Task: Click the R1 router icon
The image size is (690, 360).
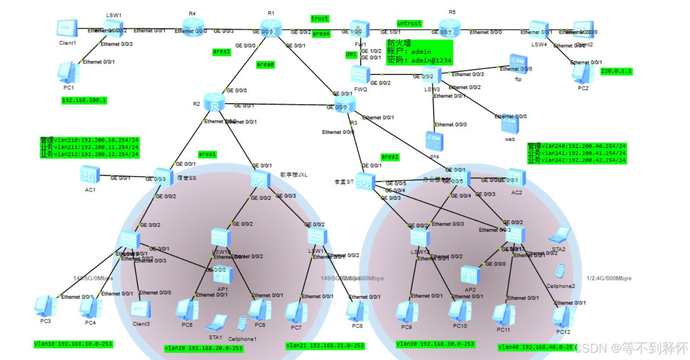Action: point(271,29)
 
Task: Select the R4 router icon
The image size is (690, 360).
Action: point(193,28)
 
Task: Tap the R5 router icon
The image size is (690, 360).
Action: point(450,28)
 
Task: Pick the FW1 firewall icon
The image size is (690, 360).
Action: point(360,29)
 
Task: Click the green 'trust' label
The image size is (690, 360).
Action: point(320,19)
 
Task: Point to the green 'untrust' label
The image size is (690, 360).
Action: point(409,23)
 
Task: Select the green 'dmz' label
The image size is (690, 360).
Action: point(351,54)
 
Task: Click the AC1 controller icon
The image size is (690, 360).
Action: point(90,175)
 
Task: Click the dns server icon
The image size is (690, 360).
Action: point(434,141)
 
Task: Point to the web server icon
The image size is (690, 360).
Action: point(510,124)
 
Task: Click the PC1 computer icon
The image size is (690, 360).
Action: point(68,72)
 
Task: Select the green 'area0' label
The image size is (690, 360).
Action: point(265,64)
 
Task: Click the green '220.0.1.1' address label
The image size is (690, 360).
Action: point(617,71)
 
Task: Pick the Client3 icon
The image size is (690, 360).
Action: point(141,309)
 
